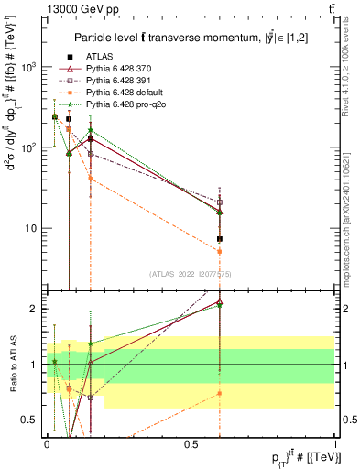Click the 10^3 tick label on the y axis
click(x=29, y=67)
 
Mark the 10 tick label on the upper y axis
click(x=33, y=228)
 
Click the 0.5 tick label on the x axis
click(x=191, y=443)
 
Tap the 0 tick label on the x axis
click(x=47, y=443)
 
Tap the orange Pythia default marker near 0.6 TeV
click(x=220, y=251)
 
